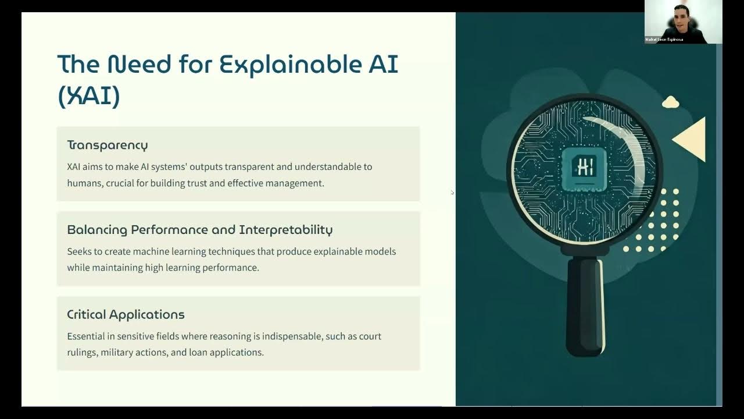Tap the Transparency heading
click(108, 145)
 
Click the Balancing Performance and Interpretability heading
click(199, 230)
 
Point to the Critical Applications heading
click(126, 315)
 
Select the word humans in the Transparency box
click(84, 183)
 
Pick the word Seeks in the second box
click(80, 251)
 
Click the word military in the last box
click(119, 352)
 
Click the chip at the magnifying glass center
click(584, 168)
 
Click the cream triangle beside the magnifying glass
click(692, 139)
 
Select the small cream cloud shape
click(671, 102)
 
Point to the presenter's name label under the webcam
click(664, 40)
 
